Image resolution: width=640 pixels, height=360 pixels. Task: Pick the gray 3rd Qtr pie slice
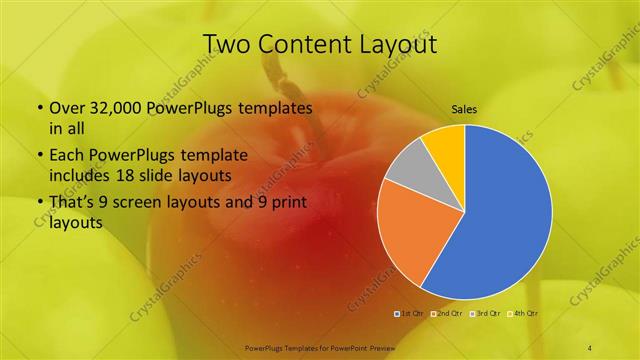(411, 167)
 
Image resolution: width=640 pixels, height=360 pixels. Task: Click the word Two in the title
(226, 44)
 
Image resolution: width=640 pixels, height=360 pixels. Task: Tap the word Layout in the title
(400, 44)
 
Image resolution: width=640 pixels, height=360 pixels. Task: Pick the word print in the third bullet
(286, 203)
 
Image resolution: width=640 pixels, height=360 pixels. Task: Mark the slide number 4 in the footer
(590, 347)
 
